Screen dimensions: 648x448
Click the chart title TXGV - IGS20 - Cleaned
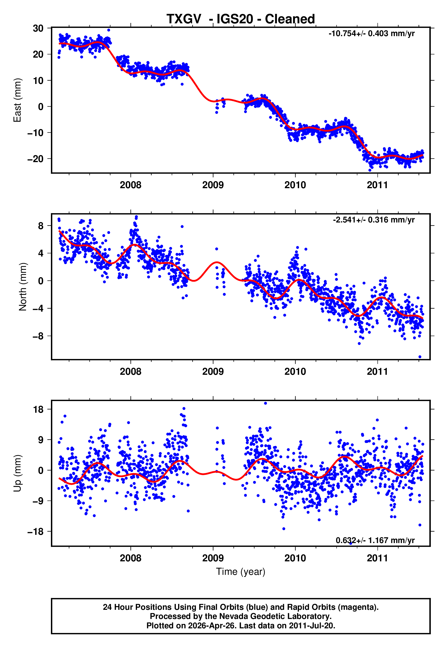[241, 19]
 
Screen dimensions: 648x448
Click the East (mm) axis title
[17, 100]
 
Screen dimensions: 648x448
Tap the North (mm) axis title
[22, 287]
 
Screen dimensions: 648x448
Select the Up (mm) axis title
[17, 473]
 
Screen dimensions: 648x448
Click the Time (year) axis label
[241, 572]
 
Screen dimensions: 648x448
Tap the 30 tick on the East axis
[38, 28]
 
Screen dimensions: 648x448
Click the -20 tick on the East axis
[35, 159]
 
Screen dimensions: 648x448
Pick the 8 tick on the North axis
[41, 226]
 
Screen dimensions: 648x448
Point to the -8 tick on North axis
[38, 336]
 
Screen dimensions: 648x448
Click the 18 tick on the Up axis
[38, 410]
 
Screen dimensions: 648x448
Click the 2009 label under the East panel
[213, 185]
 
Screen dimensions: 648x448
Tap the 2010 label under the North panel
[295, 372]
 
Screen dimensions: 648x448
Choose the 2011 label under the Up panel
[377, 558]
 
